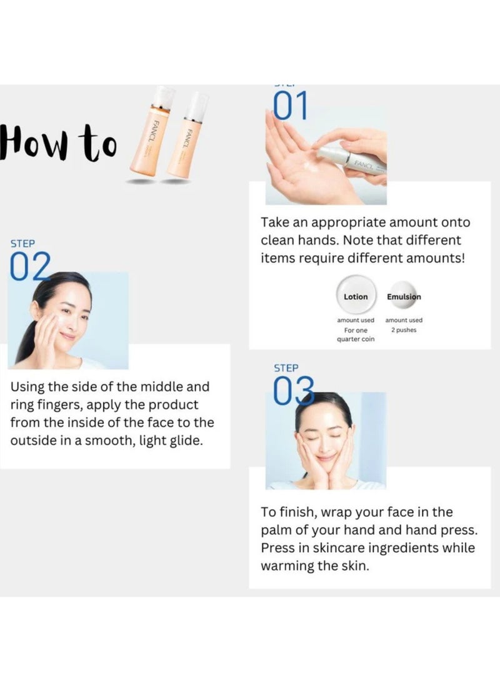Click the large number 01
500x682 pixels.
291,106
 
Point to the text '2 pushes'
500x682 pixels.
404,329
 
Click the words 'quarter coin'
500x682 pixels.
355,339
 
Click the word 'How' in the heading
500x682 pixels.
37,142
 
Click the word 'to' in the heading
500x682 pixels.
99,143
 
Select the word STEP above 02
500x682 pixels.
22,243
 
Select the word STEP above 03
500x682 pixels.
286,368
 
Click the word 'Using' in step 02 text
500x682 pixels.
27,388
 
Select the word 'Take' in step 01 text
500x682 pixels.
274,223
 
